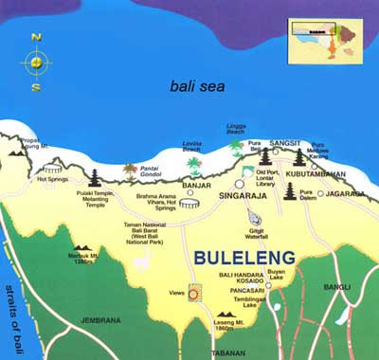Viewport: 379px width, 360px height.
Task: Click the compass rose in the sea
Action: click(x=35, y=63)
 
